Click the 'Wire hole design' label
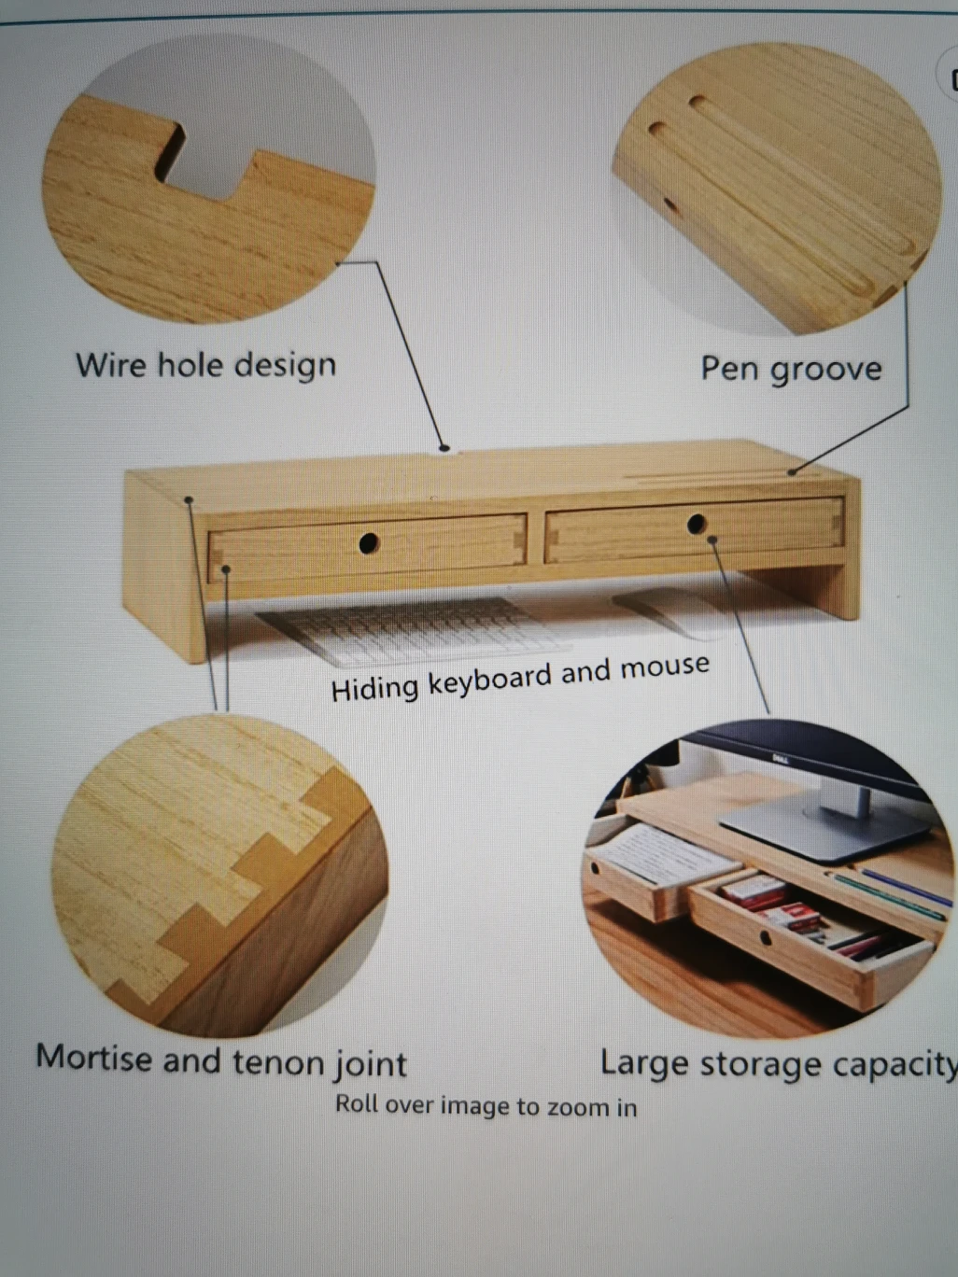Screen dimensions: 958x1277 [x=206, y=366]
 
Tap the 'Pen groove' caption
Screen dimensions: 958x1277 [x=791, y=370]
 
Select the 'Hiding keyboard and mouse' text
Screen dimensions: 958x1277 [x=520, y=677]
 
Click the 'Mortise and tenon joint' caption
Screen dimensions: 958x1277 [x=221, y=1061]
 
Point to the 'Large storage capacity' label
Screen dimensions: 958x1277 [x=779, y=1063]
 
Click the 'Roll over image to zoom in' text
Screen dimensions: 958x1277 [x=486, y=1105]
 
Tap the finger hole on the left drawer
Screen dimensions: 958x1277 [x=369, y=542]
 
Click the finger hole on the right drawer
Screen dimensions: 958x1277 [x=696, y=524]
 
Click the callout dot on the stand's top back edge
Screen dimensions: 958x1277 [x=444, y=448]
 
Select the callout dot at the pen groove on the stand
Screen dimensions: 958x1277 [x=792, y=471]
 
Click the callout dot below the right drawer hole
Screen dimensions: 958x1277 [x=713, y=540]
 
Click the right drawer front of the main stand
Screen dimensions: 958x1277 [x=695, y=528]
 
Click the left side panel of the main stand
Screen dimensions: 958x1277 [x=162, y=565]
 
